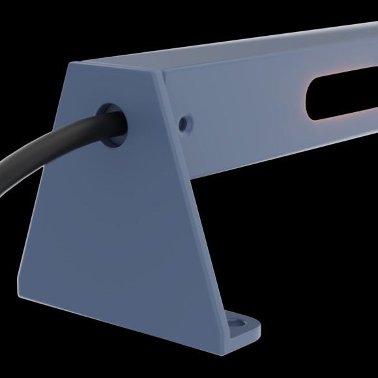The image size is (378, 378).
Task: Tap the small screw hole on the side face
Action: click(x=187, y=122)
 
